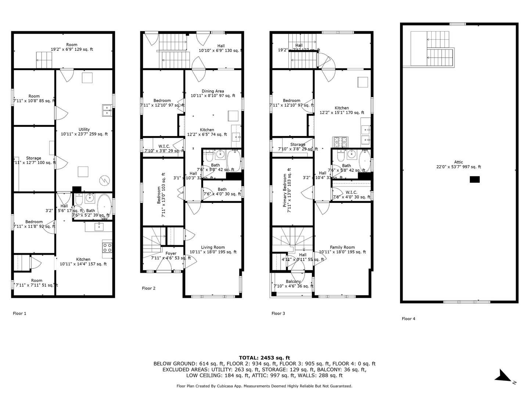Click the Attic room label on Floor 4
[x=458, y=162]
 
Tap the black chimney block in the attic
[x=475, y=179]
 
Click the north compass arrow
[x=503, y=376]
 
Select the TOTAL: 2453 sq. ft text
[x=264, y=358]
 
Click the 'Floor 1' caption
[x=19, y=314]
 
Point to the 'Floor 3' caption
[x=278, y=314]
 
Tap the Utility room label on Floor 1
[x=84, y=129]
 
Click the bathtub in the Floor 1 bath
[x=104, y=207]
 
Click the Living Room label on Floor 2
[x=213, y=247]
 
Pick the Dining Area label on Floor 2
[x=213, y=91]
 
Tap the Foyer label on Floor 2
[x=171, y=253]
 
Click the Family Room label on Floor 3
[x=342, y=247]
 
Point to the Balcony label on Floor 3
[x=293, y=282]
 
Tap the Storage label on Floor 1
[x=33, y=158]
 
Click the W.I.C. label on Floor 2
[x=164, y=146]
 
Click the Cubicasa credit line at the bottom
[x=264, y=386]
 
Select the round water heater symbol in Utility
[x=104, y=180]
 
